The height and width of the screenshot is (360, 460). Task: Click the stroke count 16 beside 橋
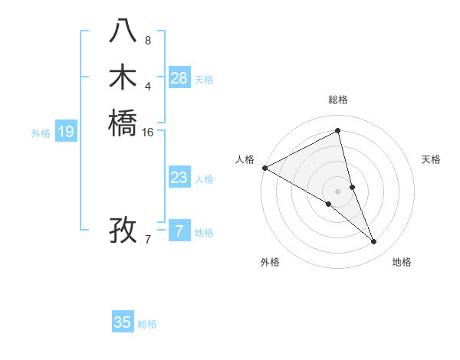(148, 132)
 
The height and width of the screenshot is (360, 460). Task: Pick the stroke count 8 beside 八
(148, 40)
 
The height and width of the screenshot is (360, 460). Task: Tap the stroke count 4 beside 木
(148, 85)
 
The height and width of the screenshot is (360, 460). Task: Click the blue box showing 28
(179, 78)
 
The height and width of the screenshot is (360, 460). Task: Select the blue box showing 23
(179, 178)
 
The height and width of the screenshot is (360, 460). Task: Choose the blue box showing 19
(66, 132)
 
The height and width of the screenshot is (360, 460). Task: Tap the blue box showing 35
(123, 322)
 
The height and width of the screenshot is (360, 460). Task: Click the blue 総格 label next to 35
(147, 324)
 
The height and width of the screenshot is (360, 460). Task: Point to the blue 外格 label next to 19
(41, 133)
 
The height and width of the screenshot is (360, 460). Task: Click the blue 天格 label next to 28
(204, 80)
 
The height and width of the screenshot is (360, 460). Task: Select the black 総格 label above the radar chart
(338, 100)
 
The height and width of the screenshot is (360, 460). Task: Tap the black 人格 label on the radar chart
(245, 159)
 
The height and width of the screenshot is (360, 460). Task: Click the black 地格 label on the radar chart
(402, 262)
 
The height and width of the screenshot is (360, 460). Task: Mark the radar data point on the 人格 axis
(264, 168)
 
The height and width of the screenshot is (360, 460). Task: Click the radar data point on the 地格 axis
(374, 242)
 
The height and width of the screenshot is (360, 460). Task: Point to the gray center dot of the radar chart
(338, 191)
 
